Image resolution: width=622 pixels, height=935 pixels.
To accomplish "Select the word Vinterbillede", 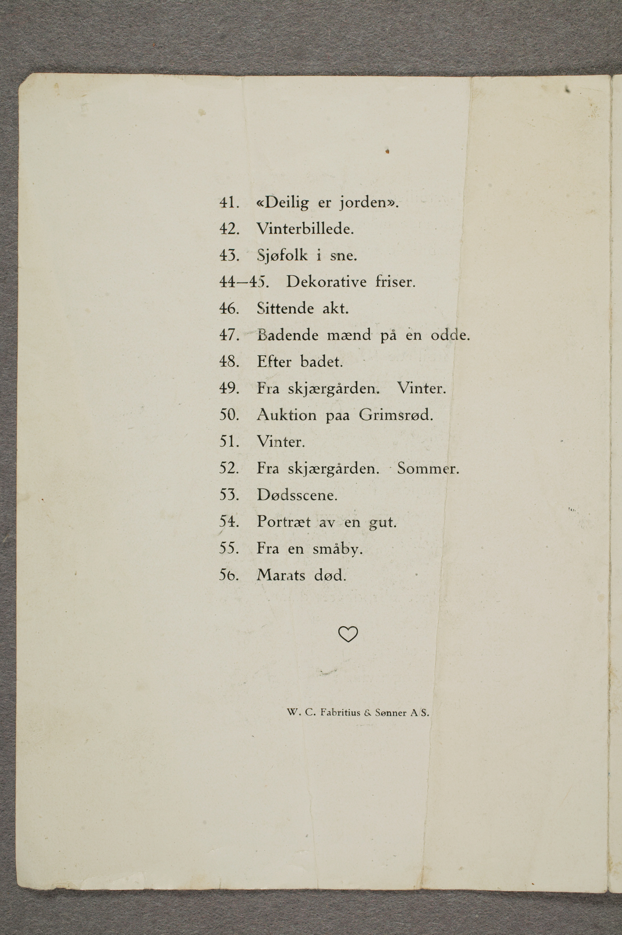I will coord(305,229).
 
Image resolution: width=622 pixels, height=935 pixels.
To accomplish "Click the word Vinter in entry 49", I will coord(421,388).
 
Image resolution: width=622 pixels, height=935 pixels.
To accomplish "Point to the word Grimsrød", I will coord(395,415).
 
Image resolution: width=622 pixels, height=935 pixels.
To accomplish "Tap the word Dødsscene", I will coord(297,495).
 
